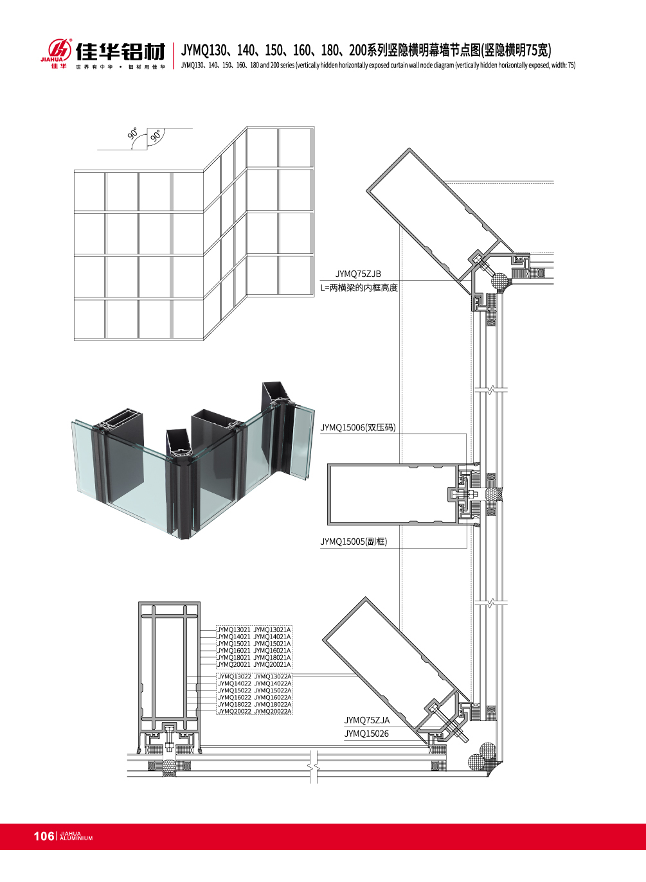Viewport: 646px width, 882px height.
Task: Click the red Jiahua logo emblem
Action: (x=59, y=49)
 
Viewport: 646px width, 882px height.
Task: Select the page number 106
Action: (x=44, y=836)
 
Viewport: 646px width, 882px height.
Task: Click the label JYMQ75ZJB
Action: (x=358, y=274)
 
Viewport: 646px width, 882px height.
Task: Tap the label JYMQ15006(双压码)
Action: (x=358, y=428)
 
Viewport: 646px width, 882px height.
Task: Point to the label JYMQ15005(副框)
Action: (x=354, y=542)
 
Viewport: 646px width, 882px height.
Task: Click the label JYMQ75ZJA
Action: (x=366, y=721)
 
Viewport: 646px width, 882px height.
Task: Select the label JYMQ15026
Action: (x=366, y=734)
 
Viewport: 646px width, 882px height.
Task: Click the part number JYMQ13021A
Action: (x=272, y=630)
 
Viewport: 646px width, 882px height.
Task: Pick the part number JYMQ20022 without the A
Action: (x=234, y=711)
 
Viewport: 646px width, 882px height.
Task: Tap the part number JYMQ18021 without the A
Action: (x=234, y=657)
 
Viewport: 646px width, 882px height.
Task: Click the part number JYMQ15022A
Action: (x=273, y=691)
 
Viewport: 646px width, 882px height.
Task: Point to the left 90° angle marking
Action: (x=133, y=134)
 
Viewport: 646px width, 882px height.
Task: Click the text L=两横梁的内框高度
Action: (x=359, y=288)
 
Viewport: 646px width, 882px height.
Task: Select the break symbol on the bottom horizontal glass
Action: (x=313, y=766)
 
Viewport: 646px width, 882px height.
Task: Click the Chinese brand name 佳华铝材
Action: (x=120, y=51)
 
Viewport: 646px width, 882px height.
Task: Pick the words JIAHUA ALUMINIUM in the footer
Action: (x=76, y=836)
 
